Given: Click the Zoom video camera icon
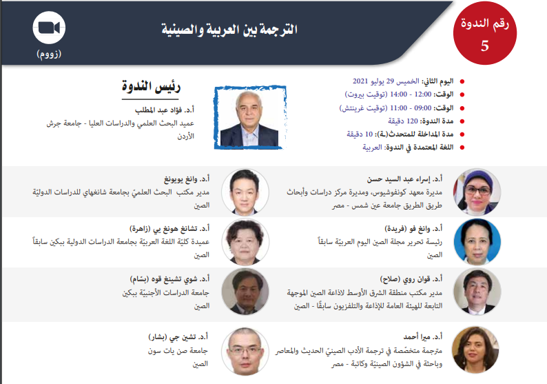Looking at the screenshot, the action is tap(49, 28).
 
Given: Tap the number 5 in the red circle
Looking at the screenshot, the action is tap(485, 46).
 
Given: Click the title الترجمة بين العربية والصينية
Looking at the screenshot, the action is tap(229, 30).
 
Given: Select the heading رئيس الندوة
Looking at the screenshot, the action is tap(151, 86).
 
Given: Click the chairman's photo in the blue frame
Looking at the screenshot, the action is tap(250, 118).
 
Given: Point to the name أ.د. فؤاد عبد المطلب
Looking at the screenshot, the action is tap(165, 110).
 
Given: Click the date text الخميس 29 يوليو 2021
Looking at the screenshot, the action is tap(386, 81).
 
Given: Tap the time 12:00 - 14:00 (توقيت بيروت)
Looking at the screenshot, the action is tap(389, 94).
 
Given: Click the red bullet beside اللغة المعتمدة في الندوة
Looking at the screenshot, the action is tap(462, 148).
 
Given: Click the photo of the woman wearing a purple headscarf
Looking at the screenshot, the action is tap(477, 192).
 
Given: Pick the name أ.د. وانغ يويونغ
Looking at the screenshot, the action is tap(187, 179).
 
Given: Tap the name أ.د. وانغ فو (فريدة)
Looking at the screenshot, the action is tap(413, 229).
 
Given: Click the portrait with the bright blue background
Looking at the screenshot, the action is tap(477, 242).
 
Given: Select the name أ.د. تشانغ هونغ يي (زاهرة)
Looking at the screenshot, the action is tap(169, 229).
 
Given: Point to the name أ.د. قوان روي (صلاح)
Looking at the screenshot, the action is tap(411, 279).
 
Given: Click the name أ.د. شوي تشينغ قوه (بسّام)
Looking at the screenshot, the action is tap(169, 279).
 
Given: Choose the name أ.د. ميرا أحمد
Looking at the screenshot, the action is tap(423, 337).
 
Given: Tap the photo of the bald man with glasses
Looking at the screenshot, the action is tap(245, 351).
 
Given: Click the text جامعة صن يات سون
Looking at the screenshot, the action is tap(178, 350).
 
